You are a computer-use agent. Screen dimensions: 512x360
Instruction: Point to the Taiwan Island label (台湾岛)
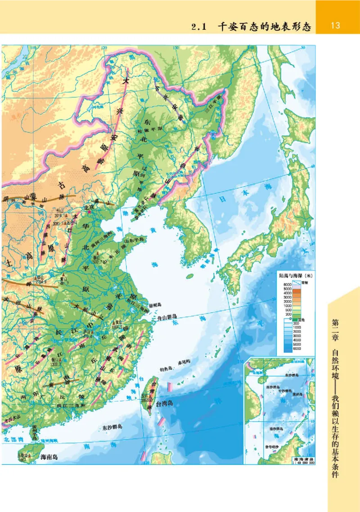tap(164, 405)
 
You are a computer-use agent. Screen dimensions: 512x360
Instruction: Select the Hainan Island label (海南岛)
tap(49, 457)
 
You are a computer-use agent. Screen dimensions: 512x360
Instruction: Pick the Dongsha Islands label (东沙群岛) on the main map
tap(112, 427)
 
